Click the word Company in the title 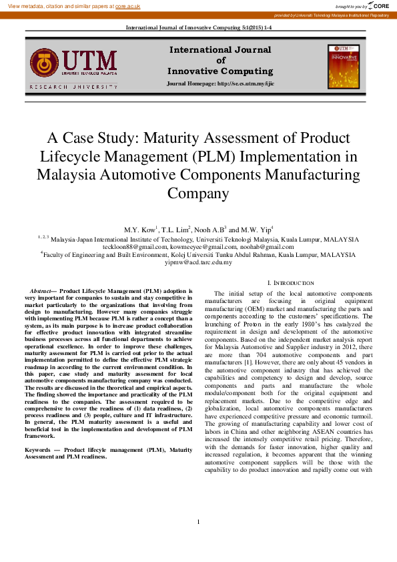197,194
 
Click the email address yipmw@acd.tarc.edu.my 198,262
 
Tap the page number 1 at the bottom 198,521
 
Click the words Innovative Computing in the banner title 220,71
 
